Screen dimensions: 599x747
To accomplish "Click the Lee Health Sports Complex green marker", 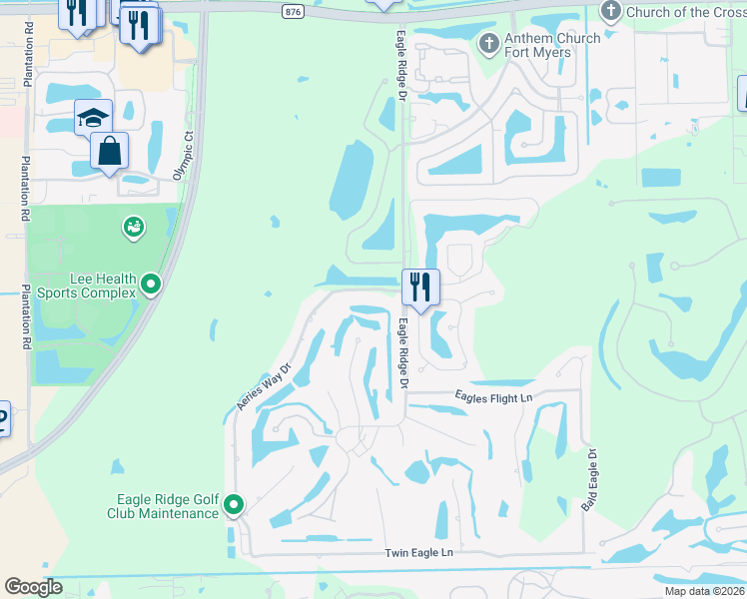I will coord(151,286).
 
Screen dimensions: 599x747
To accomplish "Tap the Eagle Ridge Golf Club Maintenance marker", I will coord(234,505).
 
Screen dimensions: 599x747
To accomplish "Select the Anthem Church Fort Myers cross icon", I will coord(489,43).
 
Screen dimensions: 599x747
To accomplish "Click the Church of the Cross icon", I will coord(611,11).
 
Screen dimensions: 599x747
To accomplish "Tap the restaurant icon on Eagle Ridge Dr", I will coord(421,287).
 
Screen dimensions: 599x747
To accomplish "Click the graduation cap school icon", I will coord(93,117).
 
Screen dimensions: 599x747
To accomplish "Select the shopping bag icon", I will coord(109,152).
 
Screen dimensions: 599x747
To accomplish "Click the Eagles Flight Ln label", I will coord(494,397).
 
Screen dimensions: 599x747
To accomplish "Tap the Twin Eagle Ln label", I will coord(418,552).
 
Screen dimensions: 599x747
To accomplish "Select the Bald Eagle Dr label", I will coord(589,480).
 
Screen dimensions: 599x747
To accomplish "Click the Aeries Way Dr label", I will coord(263,385).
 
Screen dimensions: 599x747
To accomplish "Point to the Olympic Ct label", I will coord(181,154).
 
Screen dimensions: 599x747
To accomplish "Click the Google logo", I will coord(34,587).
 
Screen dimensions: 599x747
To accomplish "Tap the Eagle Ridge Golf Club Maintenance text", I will coord(163,506).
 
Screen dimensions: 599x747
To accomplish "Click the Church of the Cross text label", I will coord(683,12).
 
